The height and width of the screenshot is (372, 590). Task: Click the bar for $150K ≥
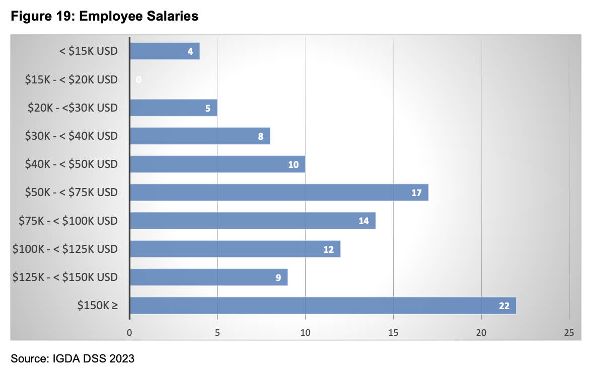[x=322, y=305]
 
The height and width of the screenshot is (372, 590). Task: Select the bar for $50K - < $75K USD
[x=278, y=192]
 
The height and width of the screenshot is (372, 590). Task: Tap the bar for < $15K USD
[x=164, y=51]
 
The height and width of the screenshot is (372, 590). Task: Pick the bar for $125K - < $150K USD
[x=208, y=277]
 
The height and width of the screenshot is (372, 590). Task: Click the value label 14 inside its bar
[x=363, y=221]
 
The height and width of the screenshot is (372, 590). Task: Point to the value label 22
[x=504, y=306]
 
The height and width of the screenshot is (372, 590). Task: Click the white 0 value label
[x=138, y=79]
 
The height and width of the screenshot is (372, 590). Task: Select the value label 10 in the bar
[x=293, y=164]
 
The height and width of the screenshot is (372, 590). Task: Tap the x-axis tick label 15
[x=393, y=332]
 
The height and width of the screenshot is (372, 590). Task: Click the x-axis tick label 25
[x=569, y=332]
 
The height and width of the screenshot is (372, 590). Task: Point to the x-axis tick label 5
[x=217, y=332]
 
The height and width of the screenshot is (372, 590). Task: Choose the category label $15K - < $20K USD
[x=71, y=79]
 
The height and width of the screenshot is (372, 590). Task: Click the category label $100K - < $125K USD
[x=65, y=249]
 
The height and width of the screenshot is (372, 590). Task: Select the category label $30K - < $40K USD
[x=71, y=136]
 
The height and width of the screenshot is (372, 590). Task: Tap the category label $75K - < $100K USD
[x=68, y=221]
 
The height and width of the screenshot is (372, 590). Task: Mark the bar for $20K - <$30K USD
[x=173, y=108]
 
